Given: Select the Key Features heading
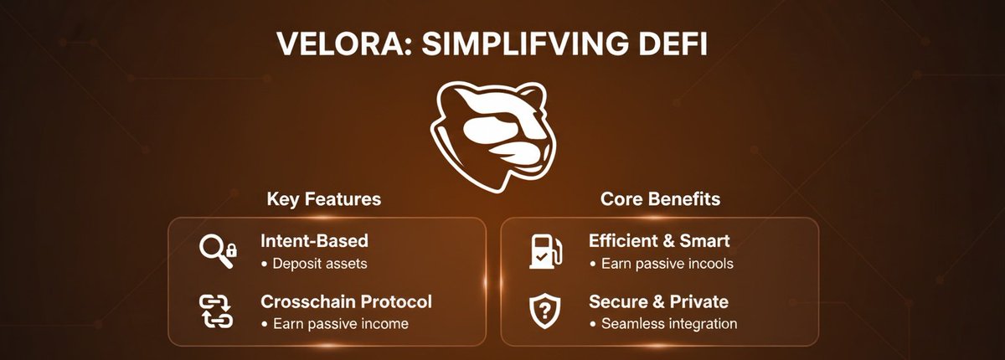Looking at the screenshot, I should (323, 199).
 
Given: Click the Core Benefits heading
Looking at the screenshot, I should (661, 199).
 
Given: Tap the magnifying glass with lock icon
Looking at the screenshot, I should (218, 249).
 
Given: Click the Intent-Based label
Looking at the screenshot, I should (314, 241).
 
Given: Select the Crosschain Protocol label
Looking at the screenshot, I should (346, 301).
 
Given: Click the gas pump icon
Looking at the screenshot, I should (542, 249).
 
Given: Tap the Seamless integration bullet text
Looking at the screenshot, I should (663, 324).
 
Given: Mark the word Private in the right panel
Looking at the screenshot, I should (698, 301).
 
